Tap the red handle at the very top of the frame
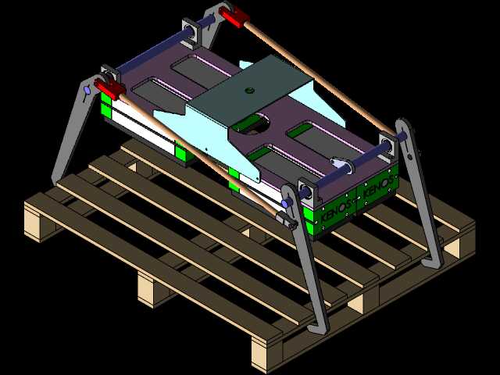click(234, 16)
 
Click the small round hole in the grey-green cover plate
click(250, 91)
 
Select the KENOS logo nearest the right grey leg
click(378, 186)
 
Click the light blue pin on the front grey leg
click(287, 203)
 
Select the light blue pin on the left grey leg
click(87, 91)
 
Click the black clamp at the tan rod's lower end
click(287, 220)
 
